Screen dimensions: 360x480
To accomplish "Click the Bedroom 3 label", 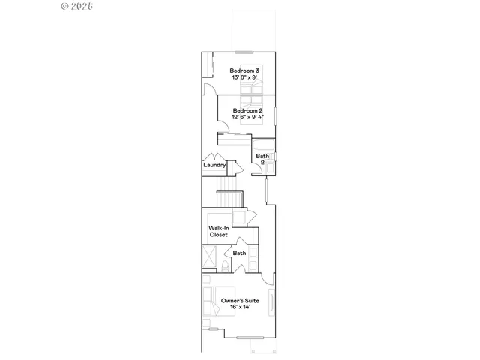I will pos(244,70).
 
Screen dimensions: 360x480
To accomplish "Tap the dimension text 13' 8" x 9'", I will pos(244,77).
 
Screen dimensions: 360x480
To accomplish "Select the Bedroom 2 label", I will pos(247,110).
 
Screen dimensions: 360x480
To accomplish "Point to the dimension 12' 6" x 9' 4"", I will pos(247,117).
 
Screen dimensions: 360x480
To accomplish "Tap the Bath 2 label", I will pos(262,159).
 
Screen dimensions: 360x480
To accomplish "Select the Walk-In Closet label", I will pos(218,231).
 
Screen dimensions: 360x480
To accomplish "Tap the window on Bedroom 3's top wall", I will pos(243,52).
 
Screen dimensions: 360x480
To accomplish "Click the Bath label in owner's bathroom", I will pos(239,253).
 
